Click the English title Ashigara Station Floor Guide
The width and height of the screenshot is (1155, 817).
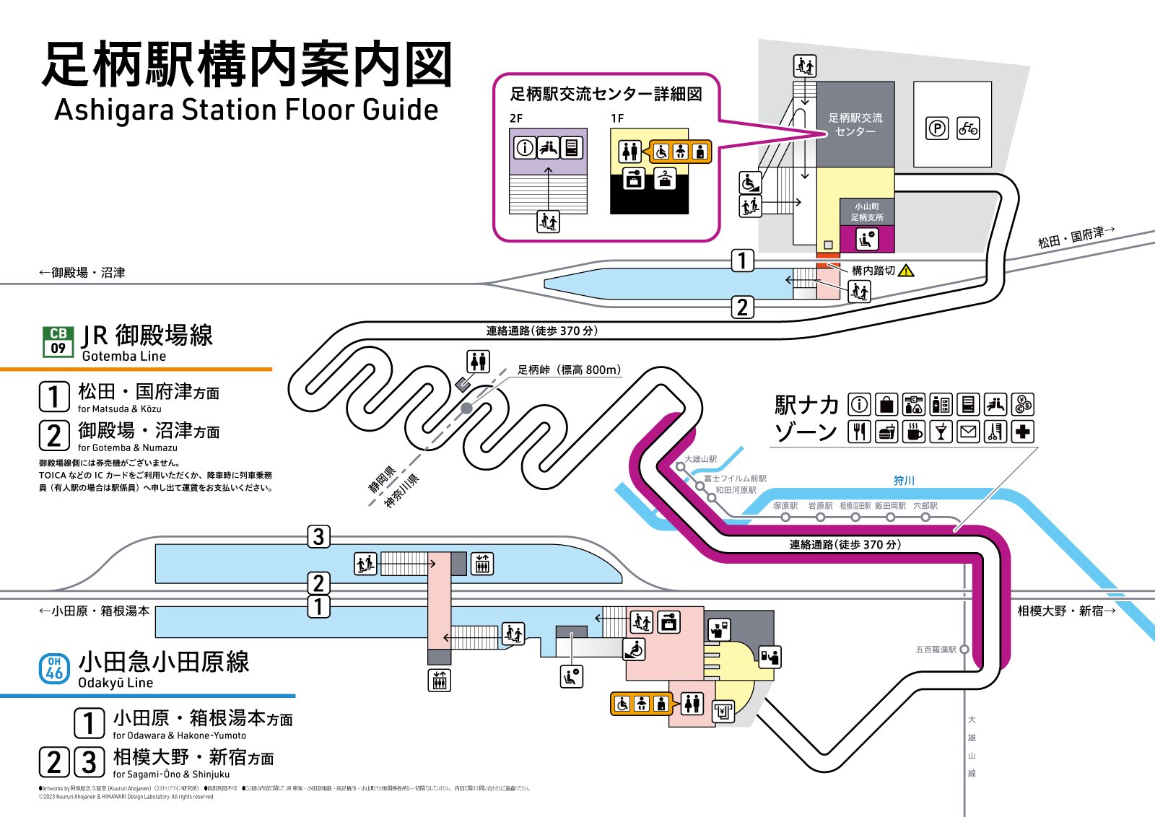click(246, 110)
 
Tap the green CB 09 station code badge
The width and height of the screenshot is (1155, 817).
click(58, 341)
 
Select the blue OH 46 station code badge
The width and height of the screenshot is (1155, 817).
click(54, 668)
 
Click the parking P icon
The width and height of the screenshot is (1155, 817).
click(936, 129)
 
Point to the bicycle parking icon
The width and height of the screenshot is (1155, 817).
click(968, 129)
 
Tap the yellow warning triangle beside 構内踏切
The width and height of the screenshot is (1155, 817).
click(906, 271)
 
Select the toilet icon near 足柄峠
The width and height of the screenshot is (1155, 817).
click(478, 361)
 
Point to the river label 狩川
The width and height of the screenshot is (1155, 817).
click(904, 481)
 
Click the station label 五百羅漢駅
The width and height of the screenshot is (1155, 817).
click(936, 650)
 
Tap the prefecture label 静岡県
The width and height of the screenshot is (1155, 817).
click(382, 479)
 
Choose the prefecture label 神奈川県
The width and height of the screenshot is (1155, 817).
click(401, 491)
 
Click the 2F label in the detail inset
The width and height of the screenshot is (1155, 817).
click(515, 118)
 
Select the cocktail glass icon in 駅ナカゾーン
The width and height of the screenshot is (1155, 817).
click(940, 432)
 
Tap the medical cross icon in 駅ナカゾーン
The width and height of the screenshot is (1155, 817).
click(1022, 432)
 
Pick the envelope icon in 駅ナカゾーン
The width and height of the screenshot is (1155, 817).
click(968, 432)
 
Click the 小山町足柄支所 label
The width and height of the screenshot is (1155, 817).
click(866, 212)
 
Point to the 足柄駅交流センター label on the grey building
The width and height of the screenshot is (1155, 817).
click(855, 124)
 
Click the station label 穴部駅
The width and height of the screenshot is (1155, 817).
click(925, 506)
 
